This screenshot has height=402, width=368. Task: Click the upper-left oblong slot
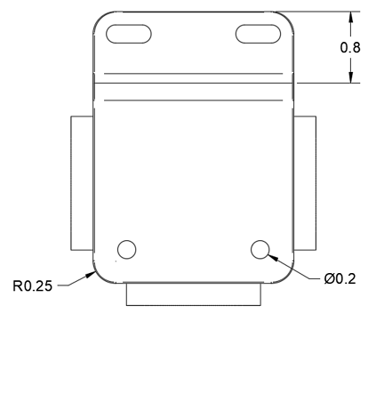(x=129, y=34)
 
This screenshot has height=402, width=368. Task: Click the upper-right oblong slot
(x=258, y=34)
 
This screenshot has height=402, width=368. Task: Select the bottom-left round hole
(x=127, y=249)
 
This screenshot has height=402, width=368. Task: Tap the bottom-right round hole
(x=261, y=249)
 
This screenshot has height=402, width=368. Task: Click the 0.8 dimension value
(x=350, y=47)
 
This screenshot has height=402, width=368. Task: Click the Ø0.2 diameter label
(x=340, y=278)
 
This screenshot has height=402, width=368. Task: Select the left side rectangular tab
(x=82, y=182)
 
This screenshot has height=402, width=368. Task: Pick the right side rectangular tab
(x=305, y=182)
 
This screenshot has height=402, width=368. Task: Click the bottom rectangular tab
(x=194, y=293)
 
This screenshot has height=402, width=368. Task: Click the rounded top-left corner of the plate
(x=100, y=19)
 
